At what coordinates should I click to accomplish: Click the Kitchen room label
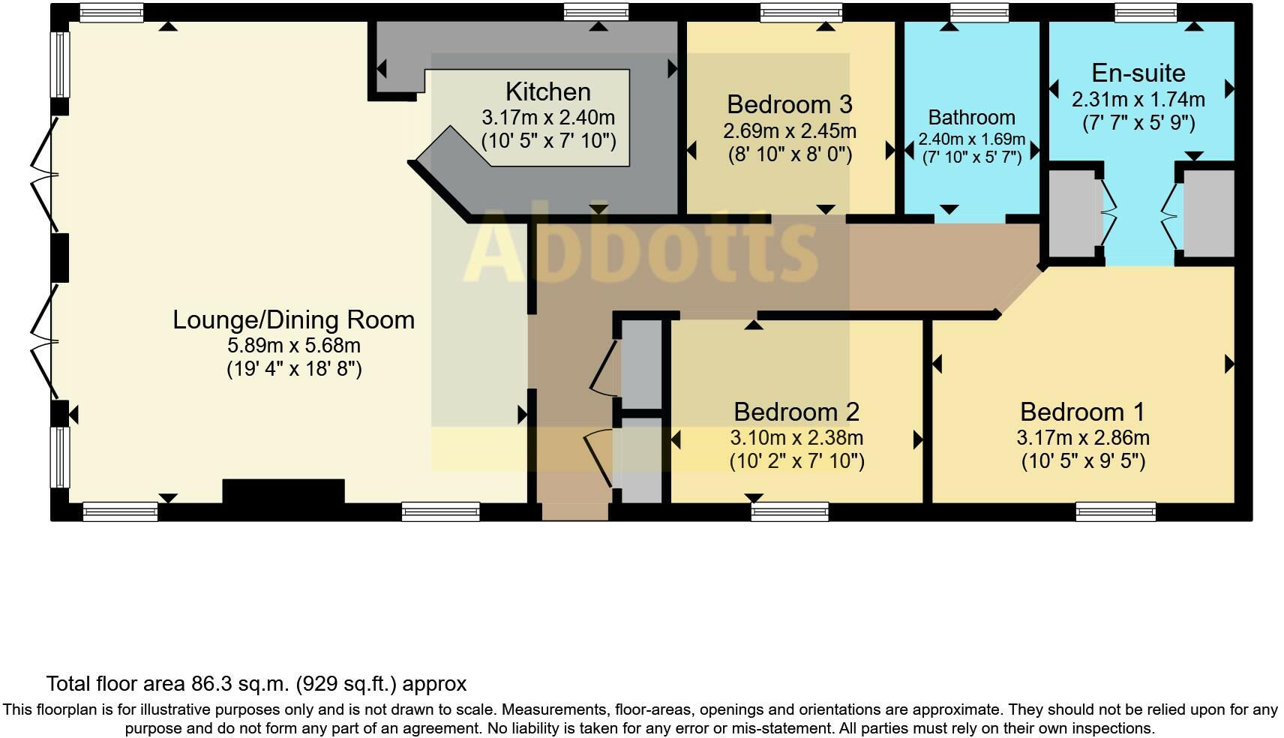(x=547, y=92)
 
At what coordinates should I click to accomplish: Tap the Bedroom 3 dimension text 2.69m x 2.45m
(x=789, y=131)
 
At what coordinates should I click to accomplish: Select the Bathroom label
(x=971, y=118)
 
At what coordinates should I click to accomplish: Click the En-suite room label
(x=1138, y=73)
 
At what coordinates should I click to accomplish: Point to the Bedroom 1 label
(x=1081, y=412)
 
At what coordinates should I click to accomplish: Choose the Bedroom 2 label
(x=796, y=412)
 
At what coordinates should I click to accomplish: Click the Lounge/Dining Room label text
(x=293, y=320)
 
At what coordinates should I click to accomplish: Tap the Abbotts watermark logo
(x=640, y=247)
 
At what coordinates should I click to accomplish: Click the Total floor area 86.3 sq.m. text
(x=256, y=683)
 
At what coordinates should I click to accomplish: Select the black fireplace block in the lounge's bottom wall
(x=283, y=492)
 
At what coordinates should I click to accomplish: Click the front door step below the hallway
(x=574, y=511)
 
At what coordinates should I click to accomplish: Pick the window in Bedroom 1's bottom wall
(x=1115, y=511)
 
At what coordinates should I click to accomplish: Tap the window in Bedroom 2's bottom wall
(x=790, y=511)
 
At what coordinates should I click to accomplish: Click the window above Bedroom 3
(x=800, y=12)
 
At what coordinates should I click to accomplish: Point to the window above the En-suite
(x=1145, y=12)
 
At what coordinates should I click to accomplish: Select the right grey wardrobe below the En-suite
(x=1208, y=214)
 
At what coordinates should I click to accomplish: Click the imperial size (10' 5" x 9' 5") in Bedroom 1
(x=1082, y=460)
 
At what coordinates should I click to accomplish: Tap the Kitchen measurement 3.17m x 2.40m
(x=547, y=118)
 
